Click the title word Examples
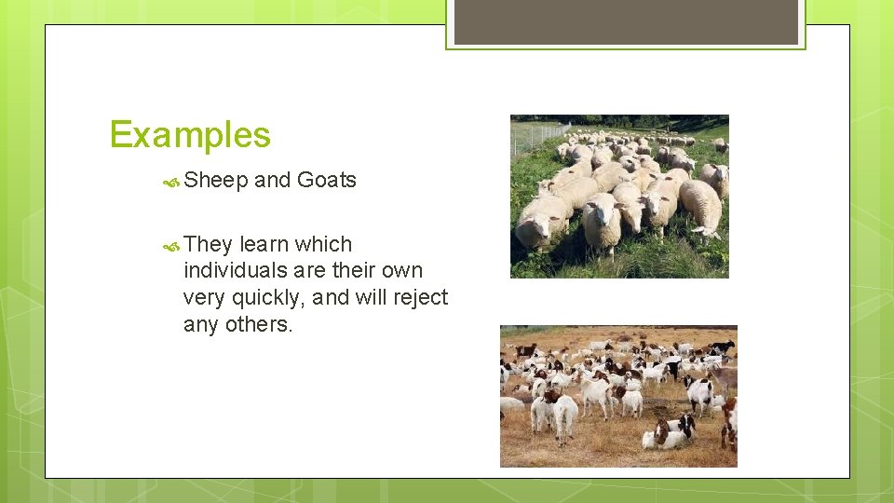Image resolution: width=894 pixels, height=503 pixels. [190, 135]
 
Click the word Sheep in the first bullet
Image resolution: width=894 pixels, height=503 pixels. [215, 181]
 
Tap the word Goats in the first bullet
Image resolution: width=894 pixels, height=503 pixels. [326, 181]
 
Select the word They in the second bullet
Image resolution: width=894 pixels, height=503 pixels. [208, 245]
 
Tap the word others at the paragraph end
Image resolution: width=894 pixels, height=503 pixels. [262, 325]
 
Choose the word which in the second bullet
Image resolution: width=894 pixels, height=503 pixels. [323, 245]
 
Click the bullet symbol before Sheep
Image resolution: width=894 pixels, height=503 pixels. [171, 182]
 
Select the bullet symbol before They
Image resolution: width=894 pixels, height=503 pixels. [171, 246]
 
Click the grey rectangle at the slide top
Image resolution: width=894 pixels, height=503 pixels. [626, 21]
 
